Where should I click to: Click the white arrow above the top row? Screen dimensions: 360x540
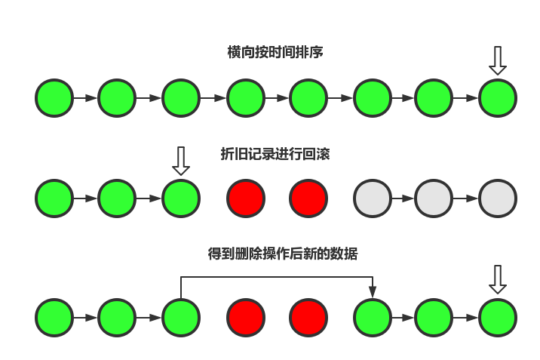(497, 60)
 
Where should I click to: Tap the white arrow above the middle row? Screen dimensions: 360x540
(180, 160)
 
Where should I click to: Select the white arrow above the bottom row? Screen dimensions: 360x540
(497, 278)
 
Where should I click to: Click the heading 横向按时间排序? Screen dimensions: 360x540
(275, 52)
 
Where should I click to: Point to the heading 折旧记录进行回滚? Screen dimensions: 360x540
(275, 154)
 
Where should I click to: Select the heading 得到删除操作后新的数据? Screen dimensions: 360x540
(283, 254)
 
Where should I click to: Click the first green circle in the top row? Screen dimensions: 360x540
(54, 98)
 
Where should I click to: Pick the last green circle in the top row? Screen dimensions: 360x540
(498, 98)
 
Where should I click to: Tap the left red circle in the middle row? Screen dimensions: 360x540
(246, 198)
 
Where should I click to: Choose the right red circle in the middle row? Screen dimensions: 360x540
(308, 198)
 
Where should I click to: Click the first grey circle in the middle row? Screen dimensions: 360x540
(373, 198)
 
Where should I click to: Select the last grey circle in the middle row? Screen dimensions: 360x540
(498, 198)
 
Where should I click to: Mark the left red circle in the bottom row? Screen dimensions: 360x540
(246, 318)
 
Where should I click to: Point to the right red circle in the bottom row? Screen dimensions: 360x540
(308, 318)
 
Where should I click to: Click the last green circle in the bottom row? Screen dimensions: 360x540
(498, 318)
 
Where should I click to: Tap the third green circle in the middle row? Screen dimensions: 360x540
(180, 198)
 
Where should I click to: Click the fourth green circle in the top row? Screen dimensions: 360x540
(246, 98)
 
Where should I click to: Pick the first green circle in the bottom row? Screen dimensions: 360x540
(54, 318)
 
